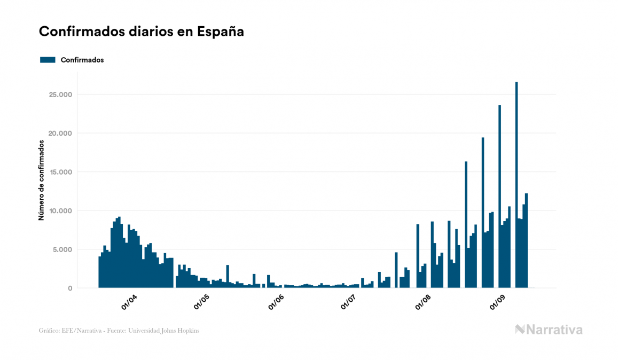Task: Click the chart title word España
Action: (221, 32)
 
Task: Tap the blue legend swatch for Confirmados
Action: (48, 60)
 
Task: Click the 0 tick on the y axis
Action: (70, 288)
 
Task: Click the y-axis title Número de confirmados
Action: (41, 180)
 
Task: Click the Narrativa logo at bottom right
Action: (549, 330)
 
